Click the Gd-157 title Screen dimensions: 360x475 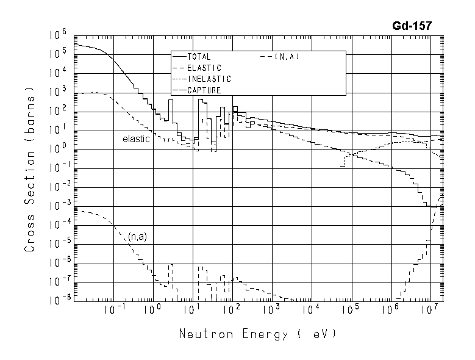click(x=412, y=26)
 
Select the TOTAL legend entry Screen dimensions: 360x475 click(x=199, y=57)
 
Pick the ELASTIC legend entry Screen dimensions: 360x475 click(x=204, y=68)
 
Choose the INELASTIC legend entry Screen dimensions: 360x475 click(x=208, y=79)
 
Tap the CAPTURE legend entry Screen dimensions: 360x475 click(x=204, y=90)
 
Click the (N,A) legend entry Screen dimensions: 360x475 click(x=286, y=57)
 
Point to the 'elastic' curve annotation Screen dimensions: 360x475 click(x=136, y=139)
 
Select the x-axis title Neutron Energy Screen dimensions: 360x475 click(x=257, y=334)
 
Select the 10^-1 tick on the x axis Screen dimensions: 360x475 click(x=110, y=311)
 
